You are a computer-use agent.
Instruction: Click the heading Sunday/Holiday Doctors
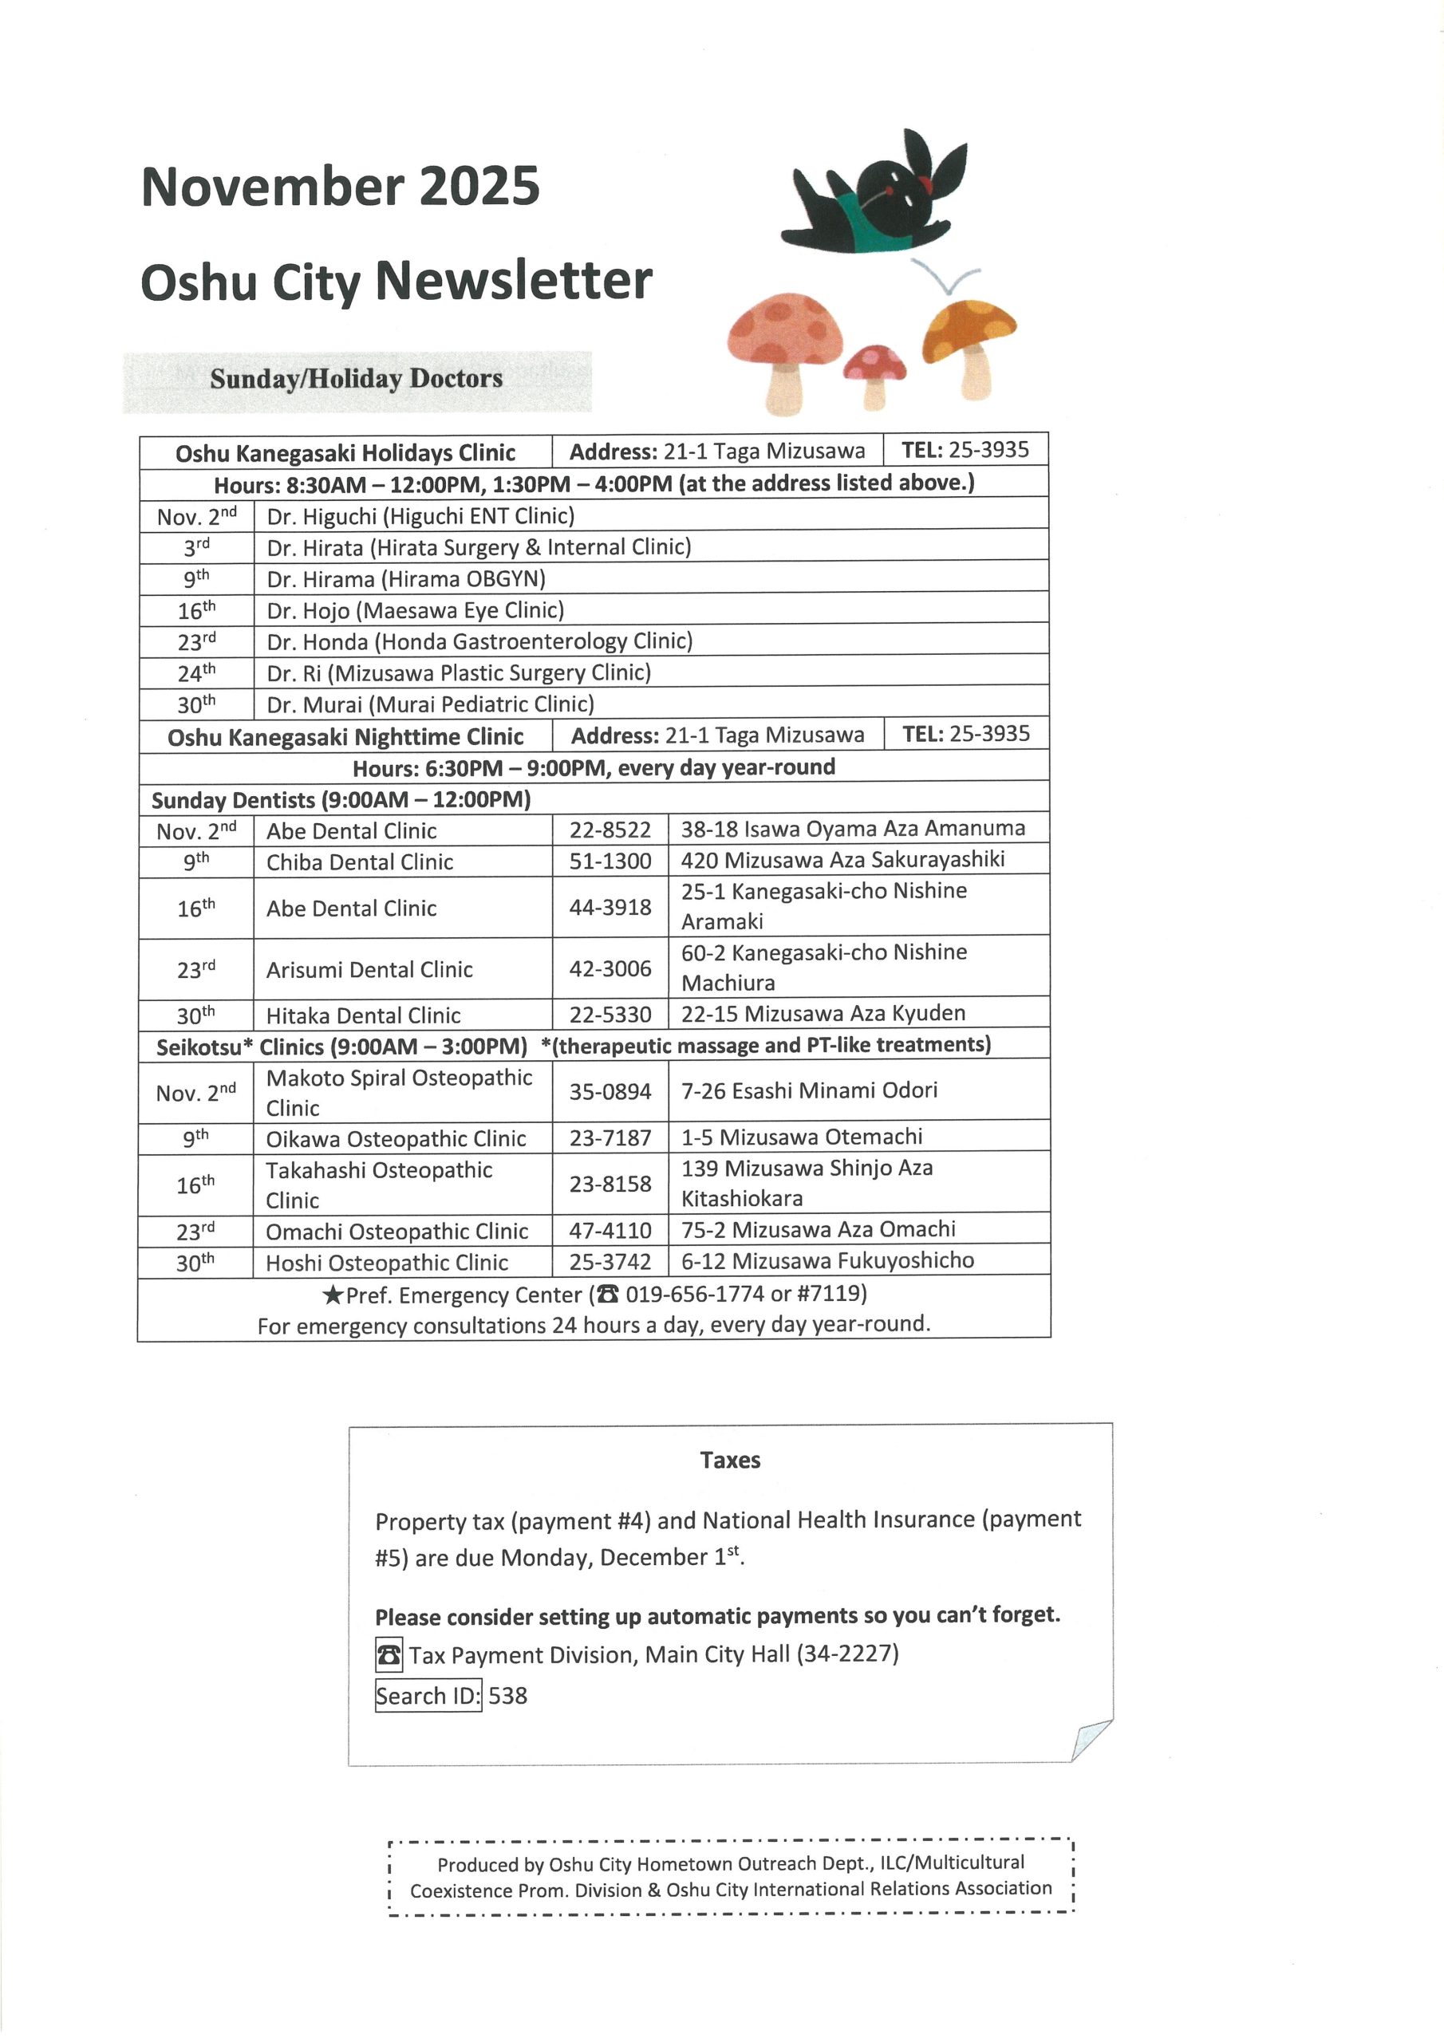click(356, 379)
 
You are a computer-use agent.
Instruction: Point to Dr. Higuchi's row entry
click(420, 516)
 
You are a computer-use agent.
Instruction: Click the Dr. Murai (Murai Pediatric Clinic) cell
click(430, 704)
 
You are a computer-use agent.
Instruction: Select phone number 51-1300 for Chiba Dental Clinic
click(610, 861)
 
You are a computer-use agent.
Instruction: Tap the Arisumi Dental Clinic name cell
click(369, 969)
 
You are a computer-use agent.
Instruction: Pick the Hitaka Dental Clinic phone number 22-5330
click(610, 1015)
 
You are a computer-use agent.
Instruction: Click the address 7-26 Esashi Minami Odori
click(809, 1090)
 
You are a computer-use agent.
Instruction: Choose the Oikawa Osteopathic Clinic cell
click(396, 1138)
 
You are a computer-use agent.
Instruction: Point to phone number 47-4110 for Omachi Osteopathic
click(610, 1231)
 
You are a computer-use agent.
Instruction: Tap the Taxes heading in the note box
click(729, 1461)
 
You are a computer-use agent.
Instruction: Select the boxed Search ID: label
click(428, 1696)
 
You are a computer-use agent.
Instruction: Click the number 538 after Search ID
click(508, 1696)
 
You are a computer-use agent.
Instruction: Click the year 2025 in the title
click(479, 187)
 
